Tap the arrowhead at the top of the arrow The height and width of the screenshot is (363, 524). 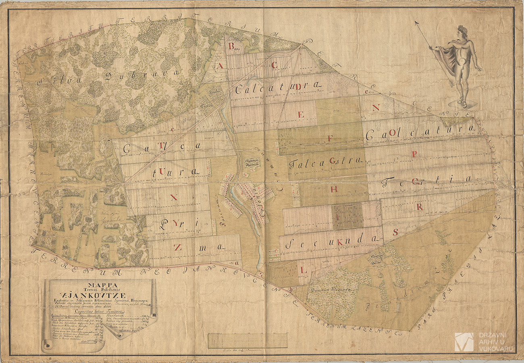click(416, 22)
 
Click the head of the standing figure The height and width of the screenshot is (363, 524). click(462, 31)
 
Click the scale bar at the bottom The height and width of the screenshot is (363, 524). click(247, 341)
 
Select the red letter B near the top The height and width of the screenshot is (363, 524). click(231, 46)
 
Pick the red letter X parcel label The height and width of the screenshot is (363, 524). click(174, 197)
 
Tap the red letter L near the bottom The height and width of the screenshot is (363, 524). click(304, 271)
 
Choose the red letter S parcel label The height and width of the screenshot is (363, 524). click(395, 232)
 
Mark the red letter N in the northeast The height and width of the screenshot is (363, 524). click(376, 107)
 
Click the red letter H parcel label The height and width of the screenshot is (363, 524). click(334, 189)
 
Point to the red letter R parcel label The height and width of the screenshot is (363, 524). click(420, 207)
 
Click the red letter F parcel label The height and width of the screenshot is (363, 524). click(330, 138)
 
